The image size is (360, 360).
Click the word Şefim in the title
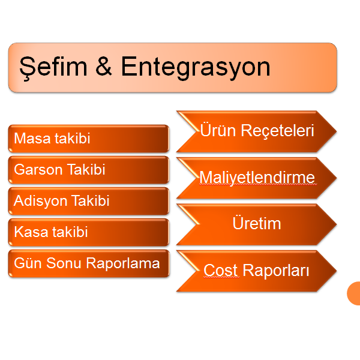[x=53, y=67]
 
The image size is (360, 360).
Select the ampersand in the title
[x=104, y=67]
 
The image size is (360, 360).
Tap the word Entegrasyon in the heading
[x=196, y=68]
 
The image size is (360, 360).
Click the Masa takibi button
[x=89, y=139]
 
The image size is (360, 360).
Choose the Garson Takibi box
[x=89, y=170]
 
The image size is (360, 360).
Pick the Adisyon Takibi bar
[x=89, y=201]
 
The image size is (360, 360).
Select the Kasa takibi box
[x=89, y=232]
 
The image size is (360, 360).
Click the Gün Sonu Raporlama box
[x=89, y=263]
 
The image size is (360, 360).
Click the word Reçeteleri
[x=277, y=131]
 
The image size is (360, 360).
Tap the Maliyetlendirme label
[x=257, y=178]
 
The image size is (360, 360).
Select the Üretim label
[x=257, y=223]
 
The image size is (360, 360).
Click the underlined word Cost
[x=221, y=270]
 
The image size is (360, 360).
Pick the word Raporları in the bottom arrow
[x=276, y=271]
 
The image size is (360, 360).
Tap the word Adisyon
[x=40, y=201]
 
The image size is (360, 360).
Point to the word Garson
[x=38, y=170]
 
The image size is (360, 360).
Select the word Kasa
[x=32, y=232]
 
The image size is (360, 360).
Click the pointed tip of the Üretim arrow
[x=337, y=224]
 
